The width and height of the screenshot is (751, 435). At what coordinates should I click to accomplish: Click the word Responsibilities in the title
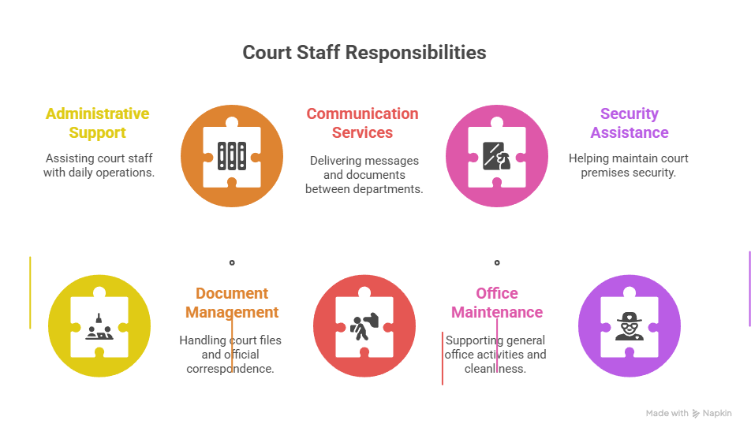click(415, 53)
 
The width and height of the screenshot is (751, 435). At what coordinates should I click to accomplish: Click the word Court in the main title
click(267, 53)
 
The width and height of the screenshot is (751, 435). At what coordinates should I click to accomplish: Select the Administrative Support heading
click(98, 123)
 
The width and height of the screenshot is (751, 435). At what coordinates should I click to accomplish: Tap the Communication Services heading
click(363, 123)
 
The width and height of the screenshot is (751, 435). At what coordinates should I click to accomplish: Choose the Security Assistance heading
click(630, 123)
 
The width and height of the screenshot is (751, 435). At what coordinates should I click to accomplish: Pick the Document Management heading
click(232, 303)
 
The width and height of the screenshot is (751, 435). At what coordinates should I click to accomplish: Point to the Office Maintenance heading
click(497, 303)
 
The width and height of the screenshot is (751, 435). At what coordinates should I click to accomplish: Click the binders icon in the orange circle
click(232, 156)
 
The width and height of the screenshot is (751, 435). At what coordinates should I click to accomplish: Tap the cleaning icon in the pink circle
click(497, 156)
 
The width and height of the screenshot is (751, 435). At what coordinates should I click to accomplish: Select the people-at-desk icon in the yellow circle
click(99, 326)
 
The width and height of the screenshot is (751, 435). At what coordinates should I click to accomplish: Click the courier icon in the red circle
click(364, 326)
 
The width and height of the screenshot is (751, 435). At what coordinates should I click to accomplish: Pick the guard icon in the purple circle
click(630, 326)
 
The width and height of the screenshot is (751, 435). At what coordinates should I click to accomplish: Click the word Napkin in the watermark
click(717, 413)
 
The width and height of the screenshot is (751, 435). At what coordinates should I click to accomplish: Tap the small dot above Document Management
click(232, 262)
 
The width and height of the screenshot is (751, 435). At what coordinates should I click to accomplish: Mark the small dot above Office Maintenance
click(497, 262)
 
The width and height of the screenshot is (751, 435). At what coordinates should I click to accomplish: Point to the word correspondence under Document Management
click(230, 369)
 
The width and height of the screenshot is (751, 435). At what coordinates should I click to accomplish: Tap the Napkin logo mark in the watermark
click(696, 414)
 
